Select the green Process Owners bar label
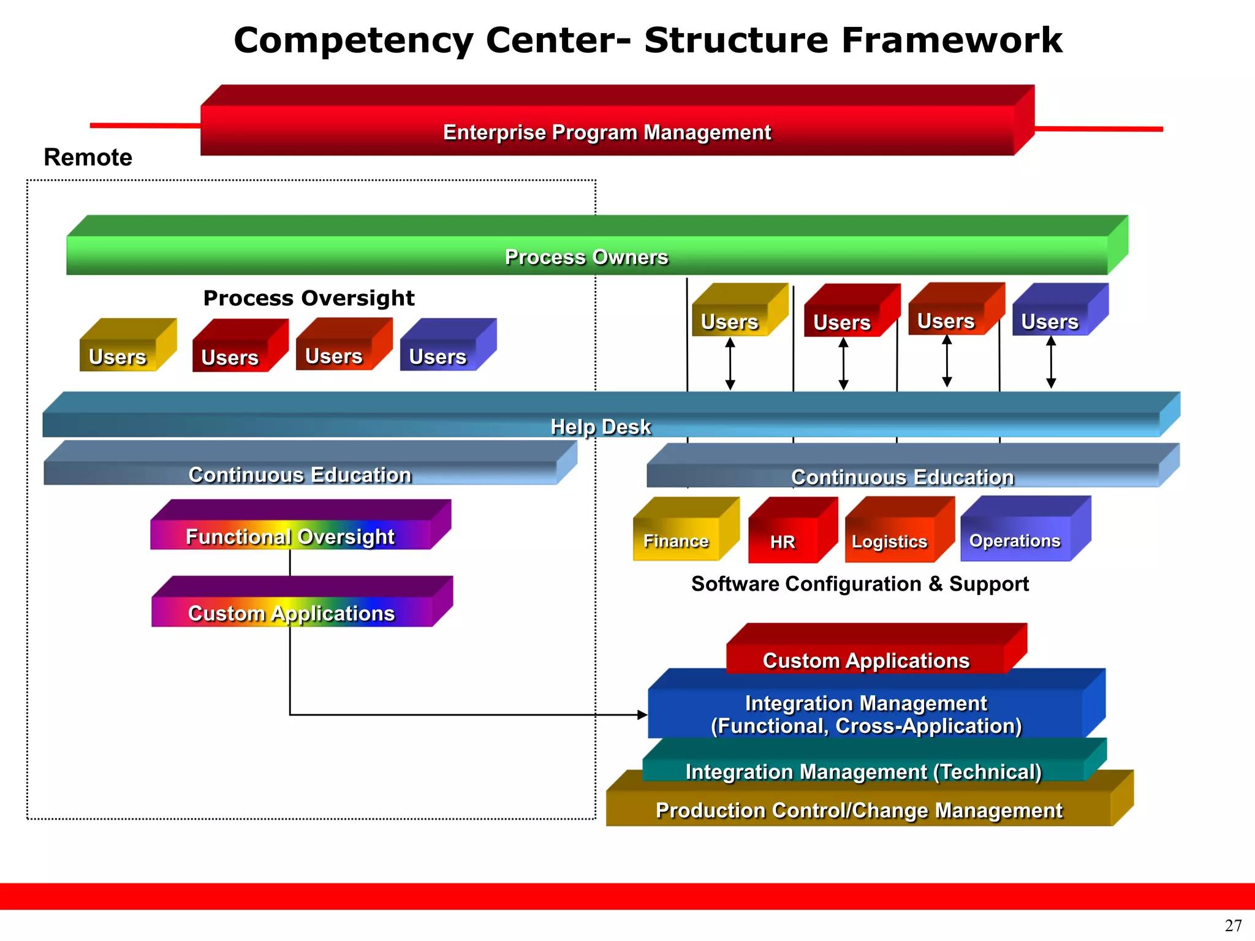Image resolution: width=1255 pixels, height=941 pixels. [586, 257]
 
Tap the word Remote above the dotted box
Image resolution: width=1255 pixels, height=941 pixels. [88, 157]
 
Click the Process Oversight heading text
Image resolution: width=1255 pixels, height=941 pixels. [309, 298]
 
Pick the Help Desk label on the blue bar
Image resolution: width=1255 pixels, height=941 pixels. [600, 426]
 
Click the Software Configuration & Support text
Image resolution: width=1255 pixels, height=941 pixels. [860, 584]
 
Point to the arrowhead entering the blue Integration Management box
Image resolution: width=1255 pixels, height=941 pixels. [642, 714]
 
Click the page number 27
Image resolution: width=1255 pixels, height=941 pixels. [1233, 925]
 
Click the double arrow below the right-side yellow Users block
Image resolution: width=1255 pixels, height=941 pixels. [730, 364]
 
